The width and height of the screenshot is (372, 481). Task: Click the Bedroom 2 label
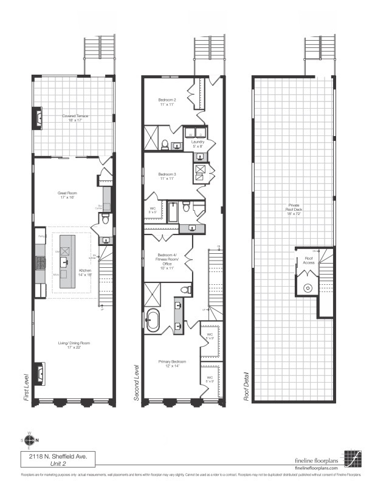click(167, 102)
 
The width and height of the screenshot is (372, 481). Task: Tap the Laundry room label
click(198, 144)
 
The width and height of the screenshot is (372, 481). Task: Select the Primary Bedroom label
click(173, 364)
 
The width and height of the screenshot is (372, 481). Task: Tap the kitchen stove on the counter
click(41, 262)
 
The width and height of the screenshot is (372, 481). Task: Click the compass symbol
click(30, 440)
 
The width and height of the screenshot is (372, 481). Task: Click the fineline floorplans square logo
click(352, 458)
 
